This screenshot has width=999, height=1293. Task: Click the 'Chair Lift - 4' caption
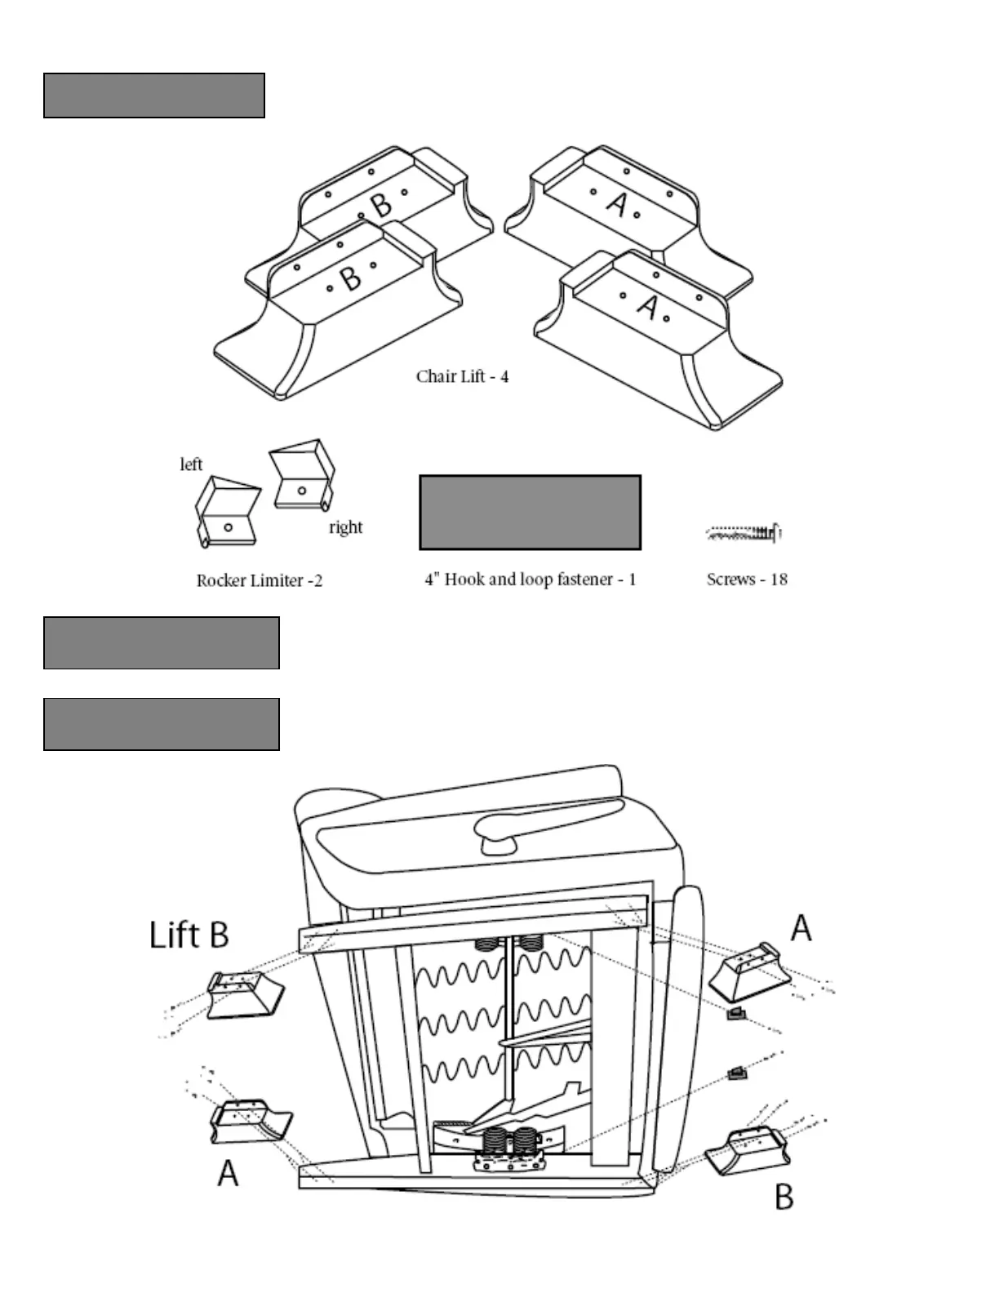tap(462, 377)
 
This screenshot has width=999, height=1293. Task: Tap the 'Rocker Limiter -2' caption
tap(260, 580)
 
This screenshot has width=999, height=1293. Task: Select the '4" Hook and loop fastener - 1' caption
tap(531, 580)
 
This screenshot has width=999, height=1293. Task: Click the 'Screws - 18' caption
tap(747, 580)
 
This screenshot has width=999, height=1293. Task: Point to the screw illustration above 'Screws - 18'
tap(743, 534)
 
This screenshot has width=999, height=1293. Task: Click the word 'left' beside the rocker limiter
tap(191, 464)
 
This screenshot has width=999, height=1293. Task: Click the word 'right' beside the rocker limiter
tap(345, 527)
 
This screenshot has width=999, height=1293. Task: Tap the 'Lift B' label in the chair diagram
tap(189, 935)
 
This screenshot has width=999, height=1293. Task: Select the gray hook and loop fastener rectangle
tap(530, 512)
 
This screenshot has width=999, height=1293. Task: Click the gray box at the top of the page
tap(154, 96)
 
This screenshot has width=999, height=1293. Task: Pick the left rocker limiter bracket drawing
tap(227, 512)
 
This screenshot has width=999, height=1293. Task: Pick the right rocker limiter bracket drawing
tap(302, 476)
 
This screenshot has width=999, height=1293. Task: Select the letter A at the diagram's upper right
tap(801, 927)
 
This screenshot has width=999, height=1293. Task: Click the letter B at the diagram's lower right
tap(784, 1197)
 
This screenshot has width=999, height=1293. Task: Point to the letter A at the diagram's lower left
tap(228, 1173)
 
